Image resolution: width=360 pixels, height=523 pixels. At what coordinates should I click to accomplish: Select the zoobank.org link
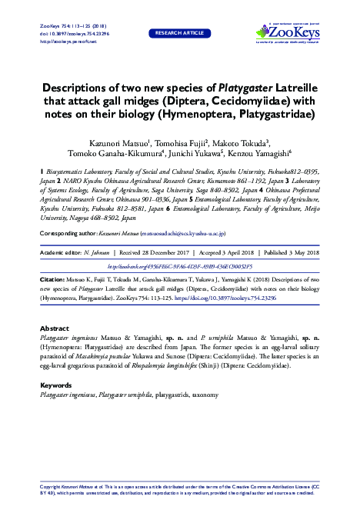pyautogui.click(x=180, y=245)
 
